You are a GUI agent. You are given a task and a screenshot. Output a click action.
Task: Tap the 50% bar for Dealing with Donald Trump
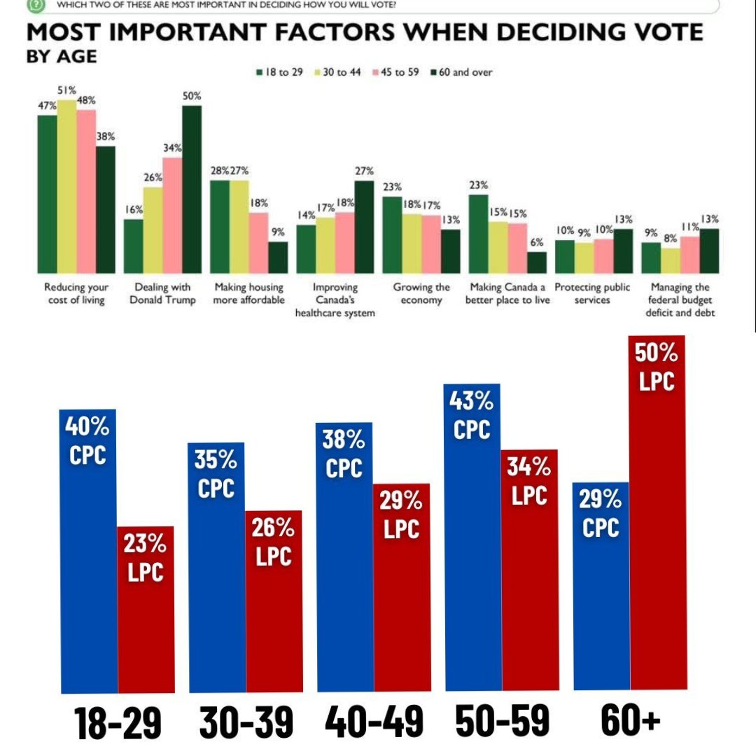[192, 189]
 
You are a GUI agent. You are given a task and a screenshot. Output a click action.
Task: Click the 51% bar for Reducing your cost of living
[67, 186]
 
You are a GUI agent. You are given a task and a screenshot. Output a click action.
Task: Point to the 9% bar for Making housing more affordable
[278, 257]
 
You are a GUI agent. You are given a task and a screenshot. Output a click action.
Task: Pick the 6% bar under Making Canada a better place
[536, 262]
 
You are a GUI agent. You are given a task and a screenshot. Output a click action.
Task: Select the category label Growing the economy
[421, 293]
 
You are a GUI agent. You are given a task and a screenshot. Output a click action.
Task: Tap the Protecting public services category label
[592, 293]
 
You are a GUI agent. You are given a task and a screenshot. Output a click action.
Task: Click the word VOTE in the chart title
[663, 34]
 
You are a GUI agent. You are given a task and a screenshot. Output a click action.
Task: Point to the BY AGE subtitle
[62, 57]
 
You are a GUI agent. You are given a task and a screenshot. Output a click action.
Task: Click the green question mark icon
[34, 5]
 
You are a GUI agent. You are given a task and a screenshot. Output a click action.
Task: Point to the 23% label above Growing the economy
[391, 187]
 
